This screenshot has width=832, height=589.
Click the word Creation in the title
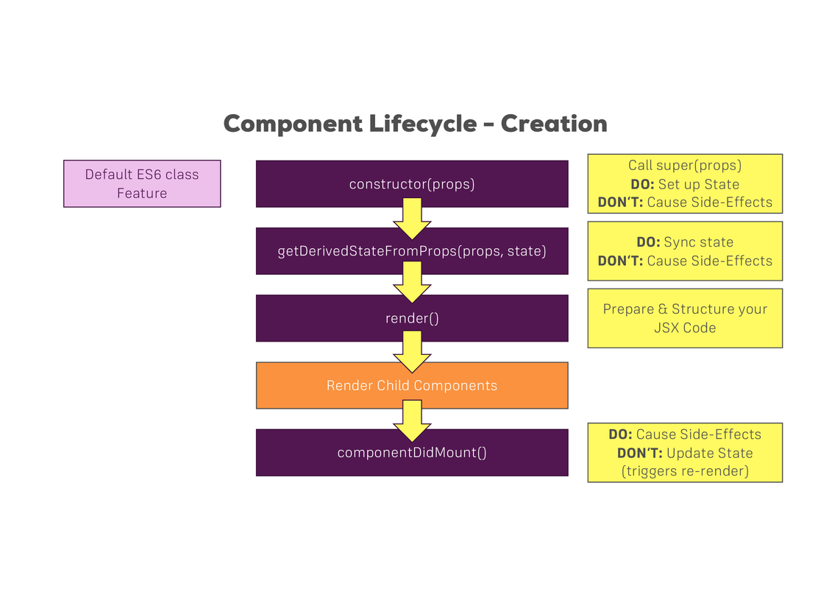tap(554, 124)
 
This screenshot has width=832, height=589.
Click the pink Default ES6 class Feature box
tap(142, 184)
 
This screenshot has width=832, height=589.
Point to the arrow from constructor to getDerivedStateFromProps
tap(412, 218)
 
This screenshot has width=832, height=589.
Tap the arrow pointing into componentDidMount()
tap(412, 419)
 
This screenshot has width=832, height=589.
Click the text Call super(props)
tap(684, 166)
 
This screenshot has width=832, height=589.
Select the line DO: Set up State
tap(684, 184)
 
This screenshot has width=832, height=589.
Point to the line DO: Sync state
tap(684, 242)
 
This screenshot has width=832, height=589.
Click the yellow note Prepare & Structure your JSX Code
tap(684, 318)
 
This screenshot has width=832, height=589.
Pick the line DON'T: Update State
tap(684, 453)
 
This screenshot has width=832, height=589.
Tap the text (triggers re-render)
tap(684, 470)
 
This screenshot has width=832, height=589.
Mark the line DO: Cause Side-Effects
tap(684, 434)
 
